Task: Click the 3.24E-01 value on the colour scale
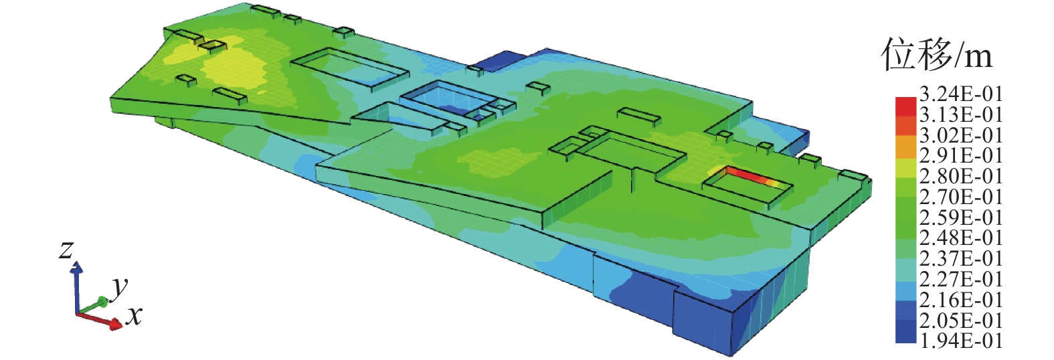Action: click(x=961, y=94)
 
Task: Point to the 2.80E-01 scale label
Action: click(x=961, y=177)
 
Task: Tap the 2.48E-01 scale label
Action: click(x=961, y=238)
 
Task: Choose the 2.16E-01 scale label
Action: click(x=961, y=300)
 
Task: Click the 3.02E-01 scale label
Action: click(x=961, y=136)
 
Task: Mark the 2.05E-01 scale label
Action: click(x=961, y=321)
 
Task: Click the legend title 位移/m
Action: click(x=937, y=55)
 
